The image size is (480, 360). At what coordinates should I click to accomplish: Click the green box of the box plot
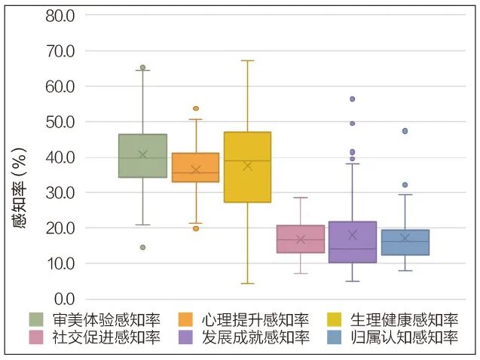142,156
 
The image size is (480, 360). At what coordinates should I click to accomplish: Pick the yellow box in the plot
247,167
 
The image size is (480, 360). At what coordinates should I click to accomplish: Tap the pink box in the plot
300,239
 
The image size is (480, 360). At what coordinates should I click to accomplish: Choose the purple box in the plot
353,242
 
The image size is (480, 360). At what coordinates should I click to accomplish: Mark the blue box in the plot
405,243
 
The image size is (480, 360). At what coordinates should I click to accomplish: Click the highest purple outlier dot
352,99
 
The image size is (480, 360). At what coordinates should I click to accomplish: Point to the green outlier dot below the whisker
142,247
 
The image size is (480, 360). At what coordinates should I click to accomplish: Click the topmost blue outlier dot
405,131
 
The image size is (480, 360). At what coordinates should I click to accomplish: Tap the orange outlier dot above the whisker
196,108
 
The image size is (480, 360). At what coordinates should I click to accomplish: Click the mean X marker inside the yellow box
247,166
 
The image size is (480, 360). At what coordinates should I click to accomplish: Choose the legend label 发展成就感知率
255,337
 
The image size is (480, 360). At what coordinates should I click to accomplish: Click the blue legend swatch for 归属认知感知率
337,337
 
